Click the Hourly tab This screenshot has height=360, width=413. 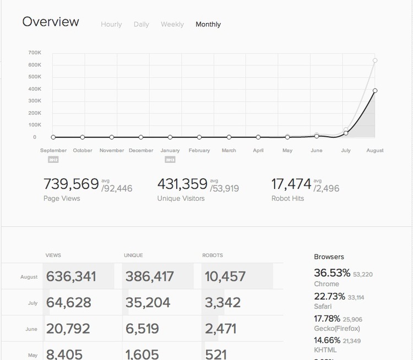(x=111, y=24)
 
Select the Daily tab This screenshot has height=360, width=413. (x=141, y=24)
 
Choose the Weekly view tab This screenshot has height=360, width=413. (x=172, y=24)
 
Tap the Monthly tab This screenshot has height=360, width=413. (x=208, y=24)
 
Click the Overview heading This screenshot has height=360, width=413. (x=51, y=22)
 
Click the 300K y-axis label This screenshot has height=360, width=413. (x=35, y=101)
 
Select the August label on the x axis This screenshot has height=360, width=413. (x=374, y=150)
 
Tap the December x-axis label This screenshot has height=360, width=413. (x=141, y=150)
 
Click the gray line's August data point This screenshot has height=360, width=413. (x=374, y=61)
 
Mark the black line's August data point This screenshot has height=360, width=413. (x=374, y=90)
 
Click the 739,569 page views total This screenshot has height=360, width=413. (x=71, y=183)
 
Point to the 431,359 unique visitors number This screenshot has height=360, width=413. (x=182, y=183)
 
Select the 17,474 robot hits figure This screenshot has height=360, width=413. (x=292, y=183)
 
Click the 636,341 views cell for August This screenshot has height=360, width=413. (x=70, y=276)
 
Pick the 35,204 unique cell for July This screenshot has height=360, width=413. (x=147, y=302)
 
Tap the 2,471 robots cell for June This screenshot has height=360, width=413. (x=220, y=329)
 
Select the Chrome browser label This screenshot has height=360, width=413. (x=327, y=284)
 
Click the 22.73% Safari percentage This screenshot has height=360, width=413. (x=329, y=297)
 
